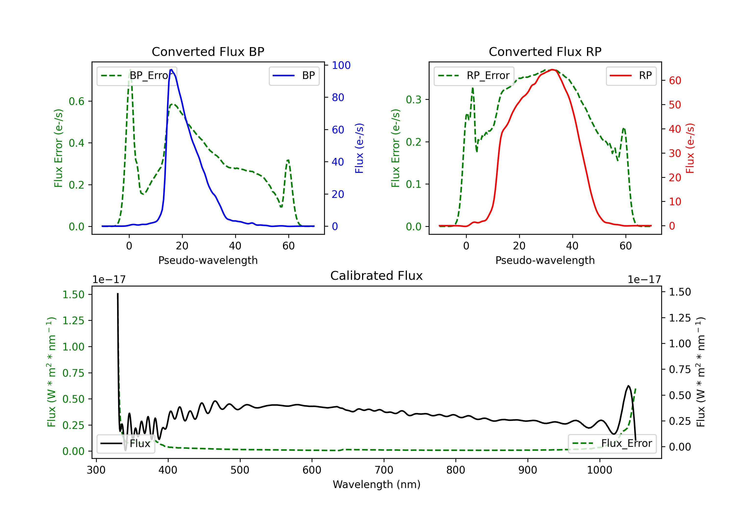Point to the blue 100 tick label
coord(341,65)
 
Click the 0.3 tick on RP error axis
coord(413,100)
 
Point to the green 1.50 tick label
coord(73,295)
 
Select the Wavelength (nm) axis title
coord(377,485)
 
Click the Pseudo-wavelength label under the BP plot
coord(208,260)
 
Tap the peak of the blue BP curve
coord(171,70)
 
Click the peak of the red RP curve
coord(552,70)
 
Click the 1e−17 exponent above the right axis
coord(644,280)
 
